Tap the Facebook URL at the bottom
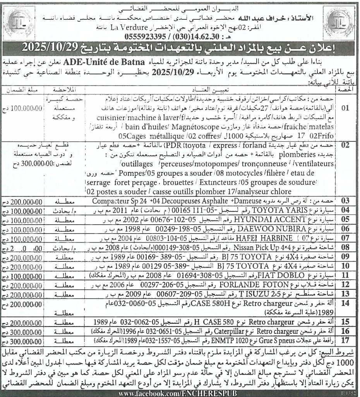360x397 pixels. (179, 393)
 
